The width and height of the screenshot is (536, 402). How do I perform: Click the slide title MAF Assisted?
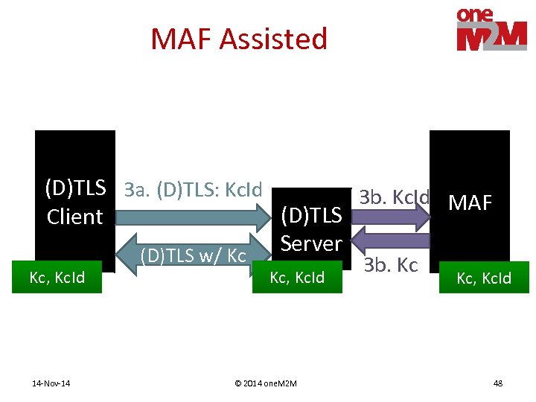(238, 39)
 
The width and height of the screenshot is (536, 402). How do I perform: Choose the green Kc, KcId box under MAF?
(484, 278)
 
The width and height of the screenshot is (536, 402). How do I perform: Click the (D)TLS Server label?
(310, 230)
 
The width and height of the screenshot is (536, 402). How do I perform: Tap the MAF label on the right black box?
(470, 202)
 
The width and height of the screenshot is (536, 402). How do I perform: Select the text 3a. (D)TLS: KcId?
(194, 190)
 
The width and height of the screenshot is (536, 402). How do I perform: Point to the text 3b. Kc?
(390, 266)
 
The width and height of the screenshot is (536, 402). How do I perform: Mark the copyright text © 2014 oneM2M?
(265, 383)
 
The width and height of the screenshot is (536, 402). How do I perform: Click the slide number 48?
(497, 383)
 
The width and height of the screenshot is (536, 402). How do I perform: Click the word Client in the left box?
(74, 217)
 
